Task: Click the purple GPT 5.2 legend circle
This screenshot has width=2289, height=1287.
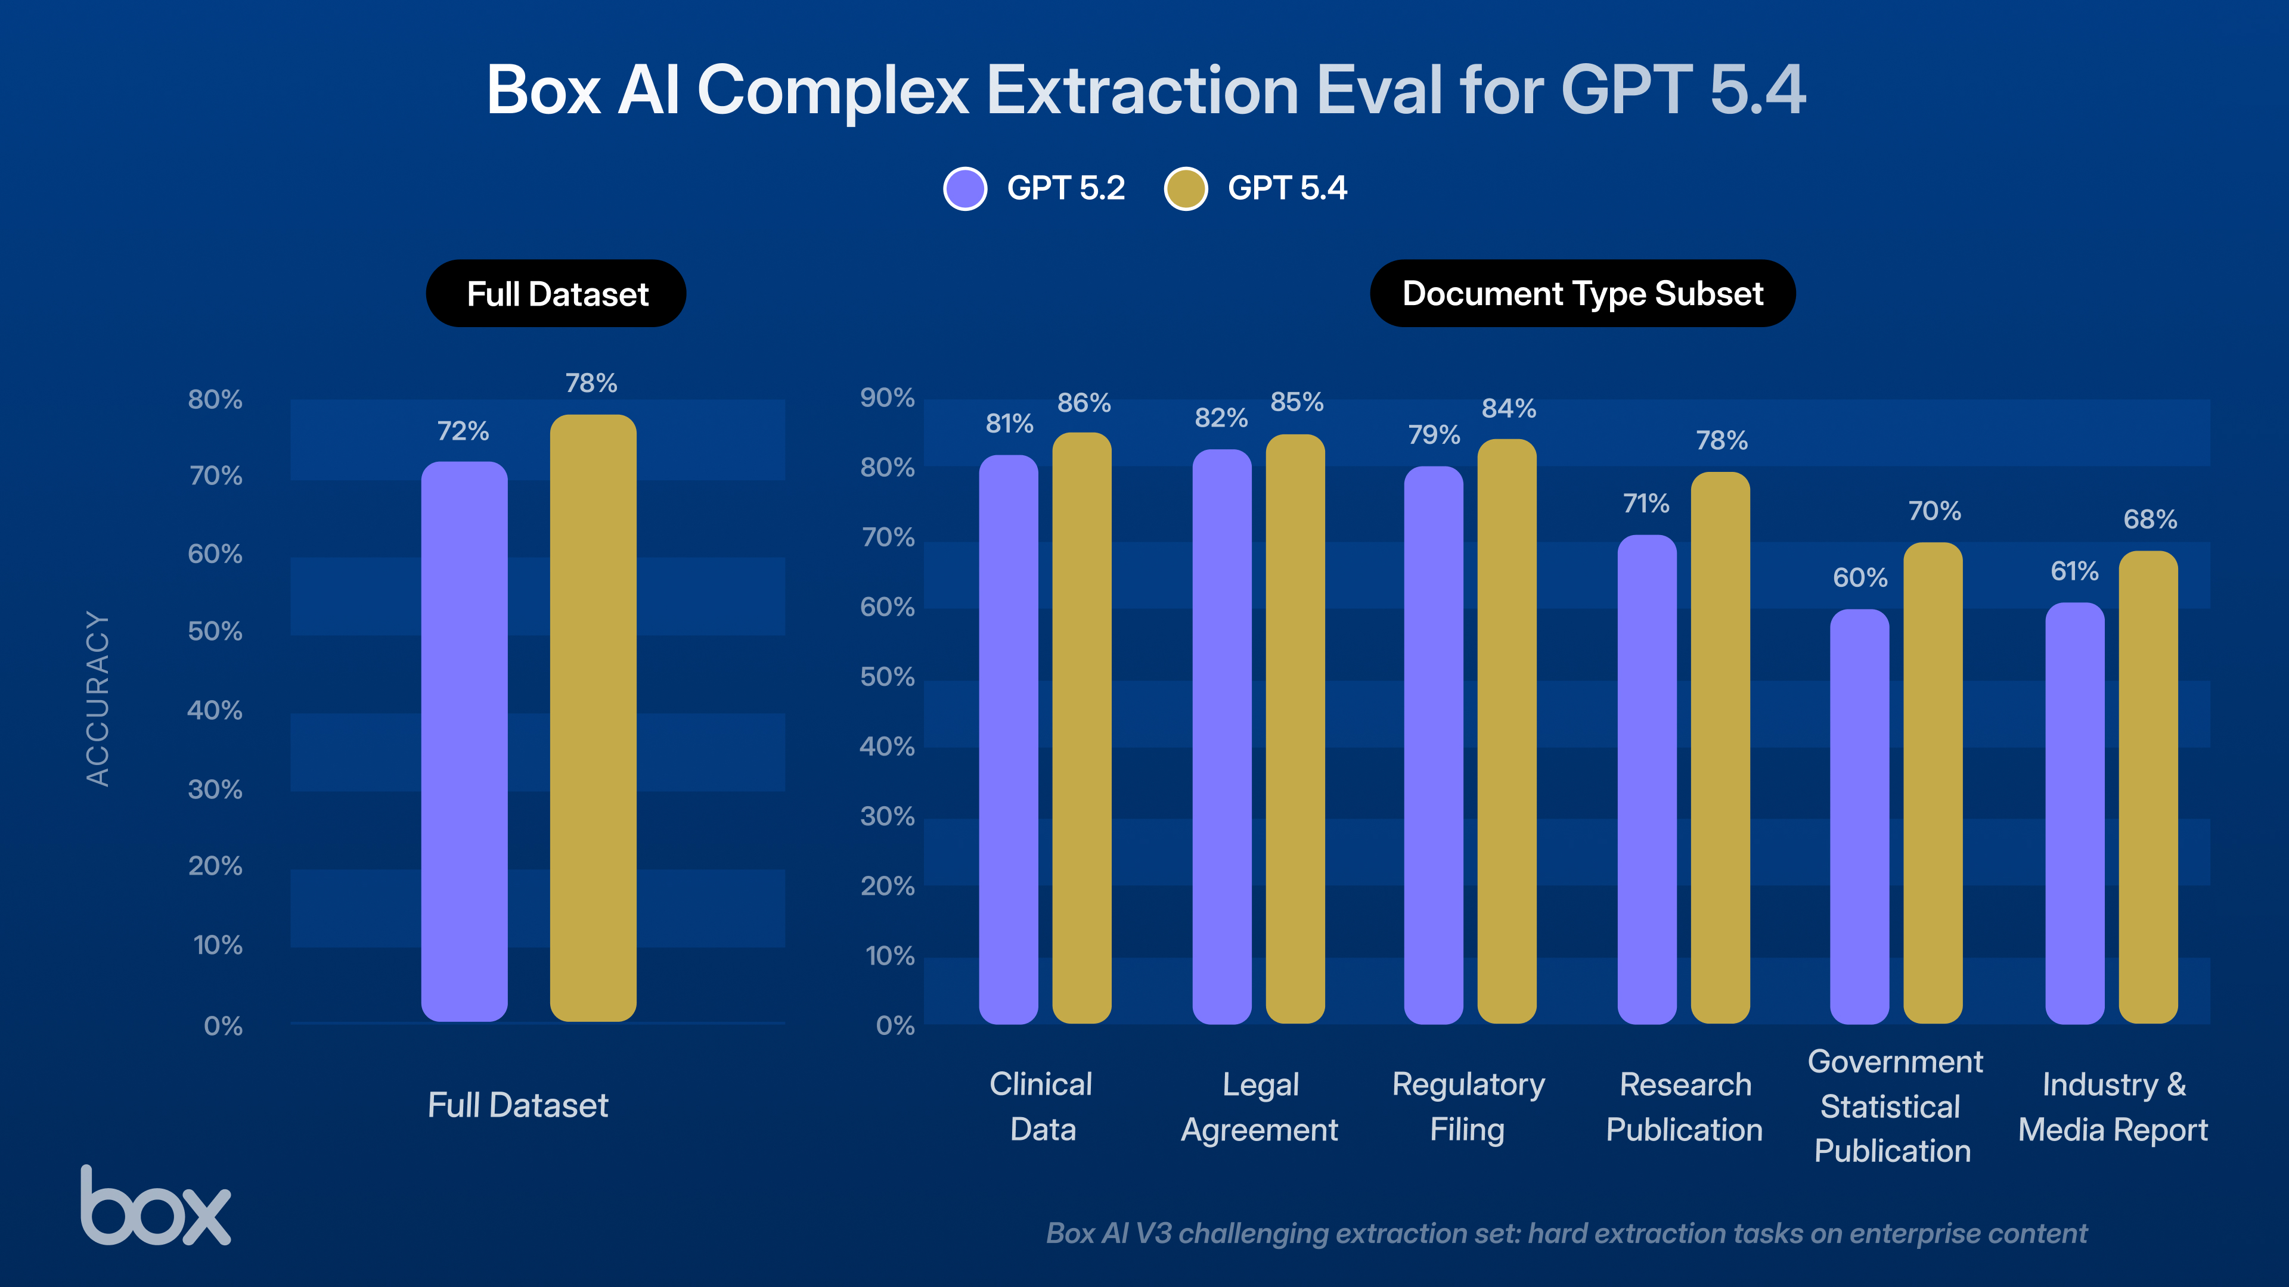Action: [x=965, y=188]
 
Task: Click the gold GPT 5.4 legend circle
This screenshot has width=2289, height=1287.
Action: [x=1186, y=188]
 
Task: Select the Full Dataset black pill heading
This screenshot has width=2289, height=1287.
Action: [x=556, y=294]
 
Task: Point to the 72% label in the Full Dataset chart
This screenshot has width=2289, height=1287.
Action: [x=463, y=431]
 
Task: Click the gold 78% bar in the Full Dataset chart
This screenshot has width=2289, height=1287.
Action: [x=593, y=719]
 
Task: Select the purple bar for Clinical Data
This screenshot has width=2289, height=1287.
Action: [x=1009, y=737]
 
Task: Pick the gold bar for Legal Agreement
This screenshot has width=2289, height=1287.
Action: [x=1295, y=728]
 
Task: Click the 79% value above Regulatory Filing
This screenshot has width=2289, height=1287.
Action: [x=1433, y=435]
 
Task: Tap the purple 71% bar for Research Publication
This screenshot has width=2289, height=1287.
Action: [x=1646, y=782]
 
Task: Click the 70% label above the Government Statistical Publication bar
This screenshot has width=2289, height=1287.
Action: [x=1934, y=512]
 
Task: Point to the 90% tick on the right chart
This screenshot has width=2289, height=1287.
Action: [x=887, y=398]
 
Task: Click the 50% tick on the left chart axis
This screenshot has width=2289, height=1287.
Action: [x=215, y=632]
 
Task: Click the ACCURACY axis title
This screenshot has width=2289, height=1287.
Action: [x=98, y=698]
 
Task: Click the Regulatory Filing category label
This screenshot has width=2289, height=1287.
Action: [x=1468, y=1106]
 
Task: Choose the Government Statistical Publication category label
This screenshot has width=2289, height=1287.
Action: [x=1894, y=1106]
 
